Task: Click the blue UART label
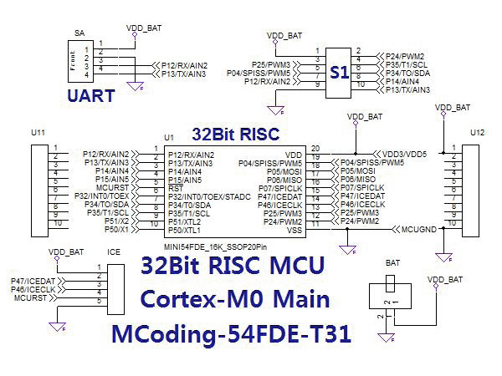click(x=91, y=95)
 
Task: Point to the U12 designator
click(x=477, y=133)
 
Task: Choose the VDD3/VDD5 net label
click(x=405, y=154)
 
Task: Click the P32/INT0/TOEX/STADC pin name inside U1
click(x=209, y=196)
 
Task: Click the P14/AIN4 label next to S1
click(x=401, y=81)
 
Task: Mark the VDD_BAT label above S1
click(x=284, y=36)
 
